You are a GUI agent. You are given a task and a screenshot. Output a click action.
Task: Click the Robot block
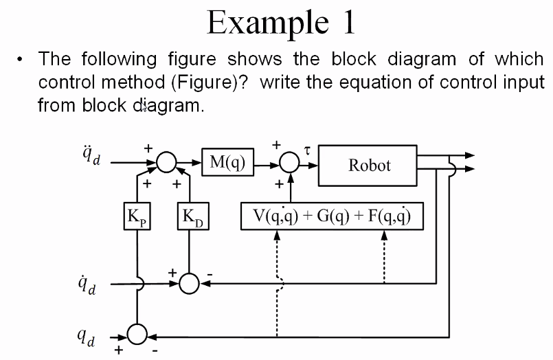click(x=369, y=165)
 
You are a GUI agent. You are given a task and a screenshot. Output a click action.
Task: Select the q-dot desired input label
click(x=89, y=283)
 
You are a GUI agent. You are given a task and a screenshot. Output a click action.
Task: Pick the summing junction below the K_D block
click(x=192, y=283)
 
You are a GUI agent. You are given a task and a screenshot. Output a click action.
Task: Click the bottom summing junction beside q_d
click(x=138, y=336)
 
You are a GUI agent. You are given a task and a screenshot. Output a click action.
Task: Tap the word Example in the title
click(x=263, y=23)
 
